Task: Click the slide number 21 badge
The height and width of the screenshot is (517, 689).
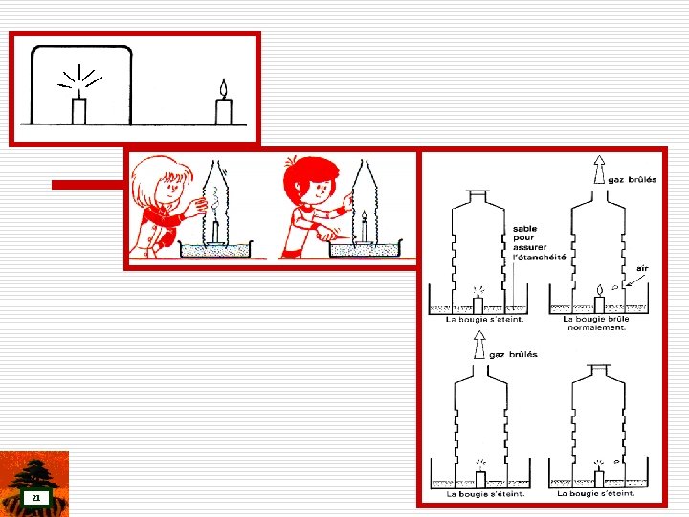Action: pyautogui.click(x=36, y=498)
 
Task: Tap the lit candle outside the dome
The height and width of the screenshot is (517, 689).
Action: pyautogui.click(x=224, y=102)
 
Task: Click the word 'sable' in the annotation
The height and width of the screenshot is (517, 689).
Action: pyautogui.click(x=524, y=229)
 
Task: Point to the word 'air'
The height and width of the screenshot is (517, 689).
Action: pyautogui.click(x=642, y=268)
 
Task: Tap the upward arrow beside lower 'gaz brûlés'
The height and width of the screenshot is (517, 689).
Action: pyautogui.click(x=479, y=345)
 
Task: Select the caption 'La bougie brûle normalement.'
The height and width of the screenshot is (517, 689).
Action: pyautogui.click(x=596, y=324)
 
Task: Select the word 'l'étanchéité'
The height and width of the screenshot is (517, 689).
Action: pyautogui.click(x=539, y=258)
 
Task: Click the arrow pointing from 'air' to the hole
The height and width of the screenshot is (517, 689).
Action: pyautogui.click(x=635, y=281)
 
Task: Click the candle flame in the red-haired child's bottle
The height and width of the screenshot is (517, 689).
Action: pyautogui.click(x=365, y=215)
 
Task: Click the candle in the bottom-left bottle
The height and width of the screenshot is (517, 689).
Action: pyautogui.click(x=480, y=479)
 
